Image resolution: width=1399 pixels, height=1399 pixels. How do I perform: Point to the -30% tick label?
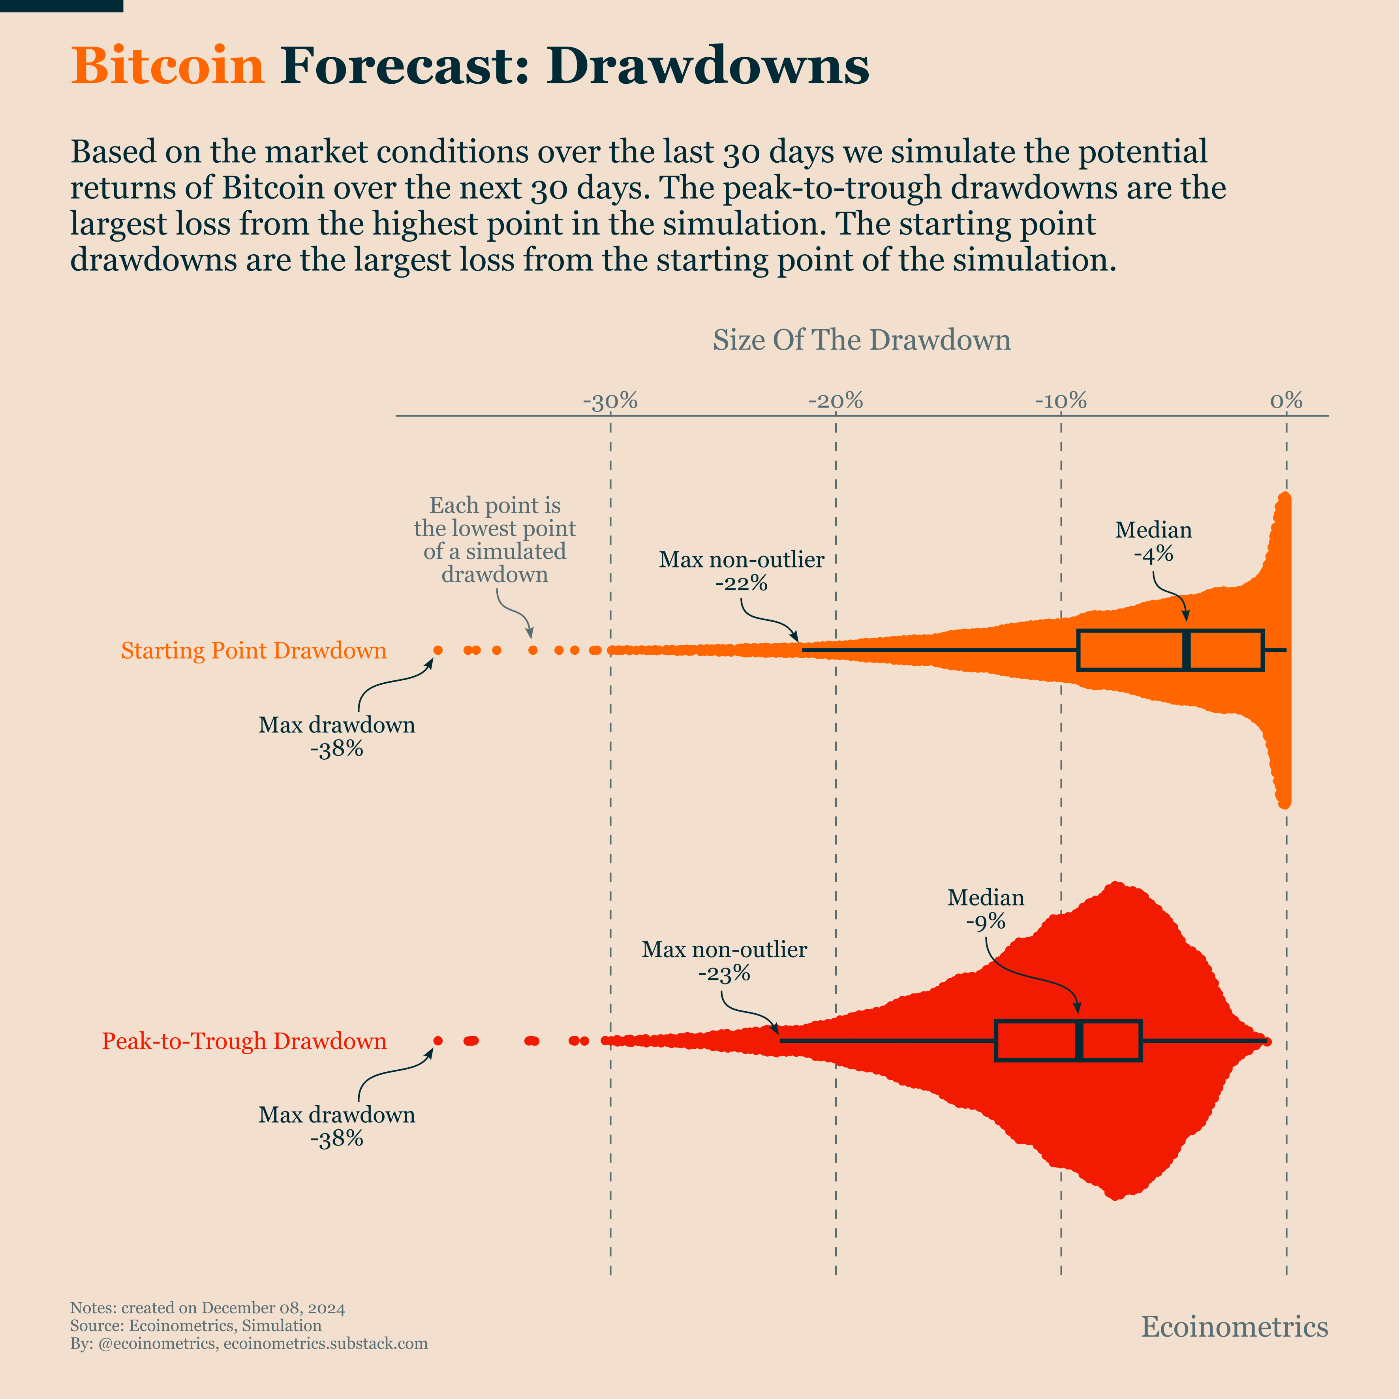(x=610, y=400)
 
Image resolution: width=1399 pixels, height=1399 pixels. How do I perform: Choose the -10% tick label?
(x=1061, y=400)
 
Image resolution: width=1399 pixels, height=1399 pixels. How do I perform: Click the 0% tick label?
(x=1286, y=400)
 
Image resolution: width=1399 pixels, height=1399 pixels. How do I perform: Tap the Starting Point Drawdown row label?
(x=254, y=650)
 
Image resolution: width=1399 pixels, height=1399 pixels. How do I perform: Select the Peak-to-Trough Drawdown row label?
(x=244, y=1040)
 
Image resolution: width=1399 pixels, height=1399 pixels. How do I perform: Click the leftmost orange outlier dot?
(x=438, y=650)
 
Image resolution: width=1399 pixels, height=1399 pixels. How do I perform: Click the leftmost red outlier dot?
(x=438, y=1040)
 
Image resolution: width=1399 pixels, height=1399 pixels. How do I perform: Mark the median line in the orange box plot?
(x=1186, y=650)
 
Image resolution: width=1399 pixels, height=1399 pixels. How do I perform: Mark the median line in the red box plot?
(x=1079, y=1040)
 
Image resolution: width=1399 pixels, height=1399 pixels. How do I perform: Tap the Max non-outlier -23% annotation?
(x=724, y=961)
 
